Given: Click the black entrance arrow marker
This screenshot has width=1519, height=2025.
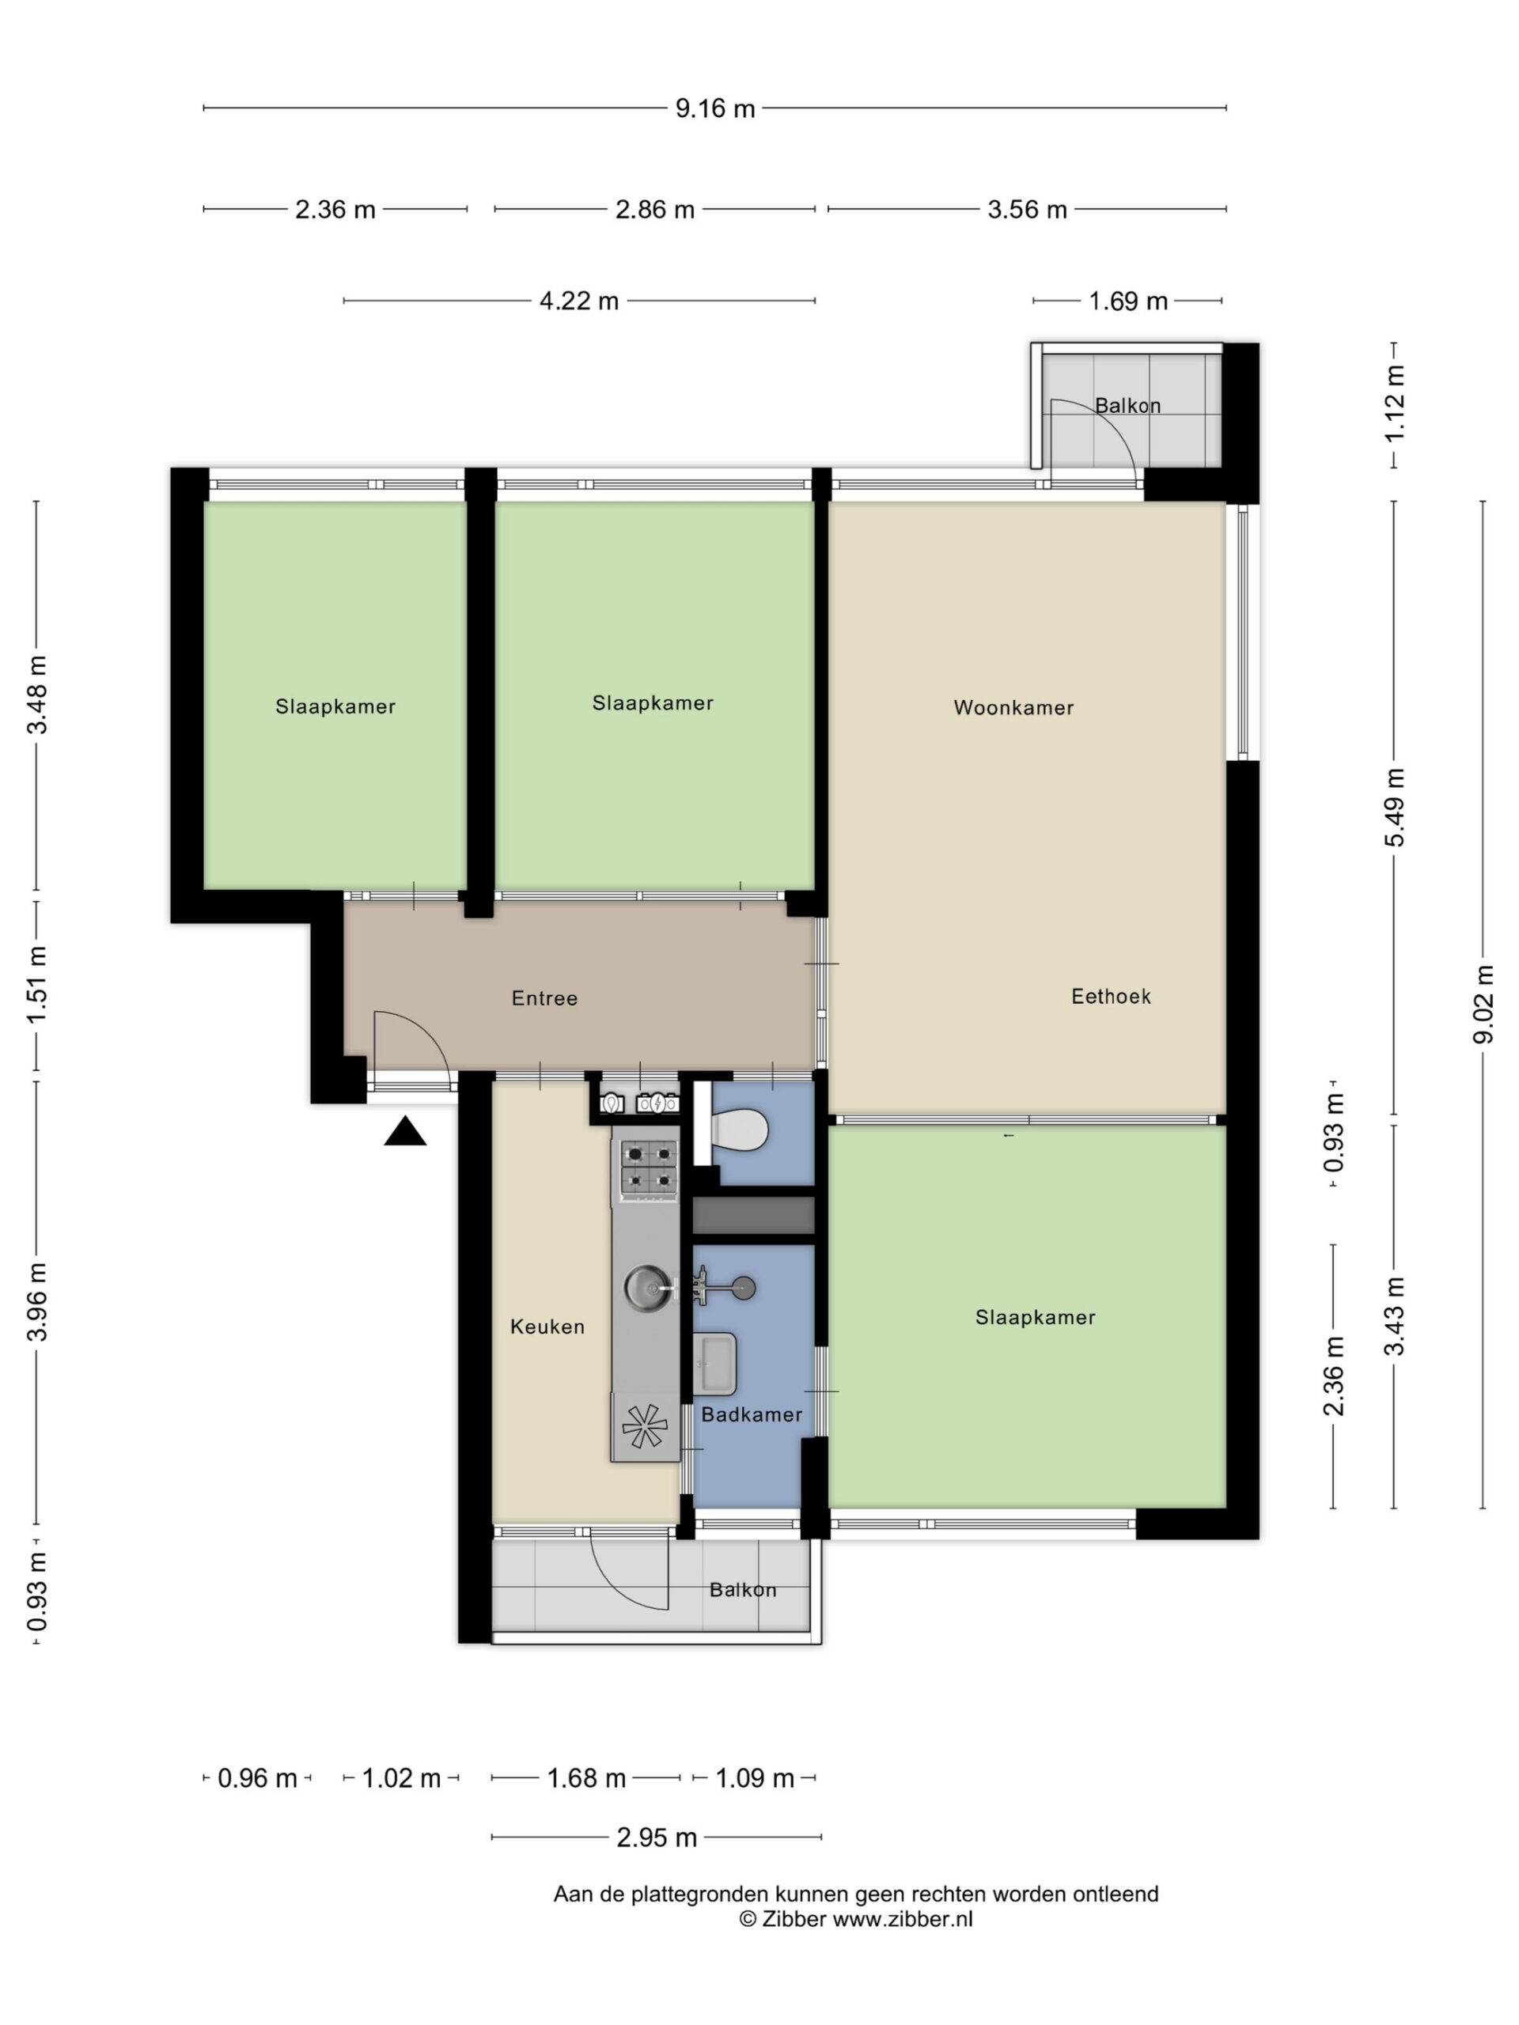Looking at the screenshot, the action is tap(405, 1131).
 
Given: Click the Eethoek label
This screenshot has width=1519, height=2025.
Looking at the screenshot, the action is tap(1111, 996).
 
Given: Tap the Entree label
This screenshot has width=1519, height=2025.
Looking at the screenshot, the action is tap(545, 997).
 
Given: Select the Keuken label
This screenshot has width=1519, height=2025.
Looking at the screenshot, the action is tap(547, 1327).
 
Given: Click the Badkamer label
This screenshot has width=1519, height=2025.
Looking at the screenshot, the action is tap(752, 1414).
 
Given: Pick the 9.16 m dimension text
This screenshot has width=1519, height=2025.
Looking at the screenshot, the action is tap(715, 109).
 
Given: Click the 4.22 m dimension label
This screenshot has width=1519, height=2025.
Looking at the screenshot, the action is tap(578, 301).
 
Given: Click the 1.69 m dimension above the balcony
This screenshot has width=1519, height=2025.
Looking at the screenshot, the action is tap(1128, 301).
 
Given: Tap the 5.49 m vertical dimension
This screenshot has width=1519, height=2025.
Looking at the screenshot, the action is tap(1395, 808).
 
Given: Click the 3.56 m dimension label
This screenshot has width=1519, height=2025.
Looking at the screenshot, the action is tap(1028, 210).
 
